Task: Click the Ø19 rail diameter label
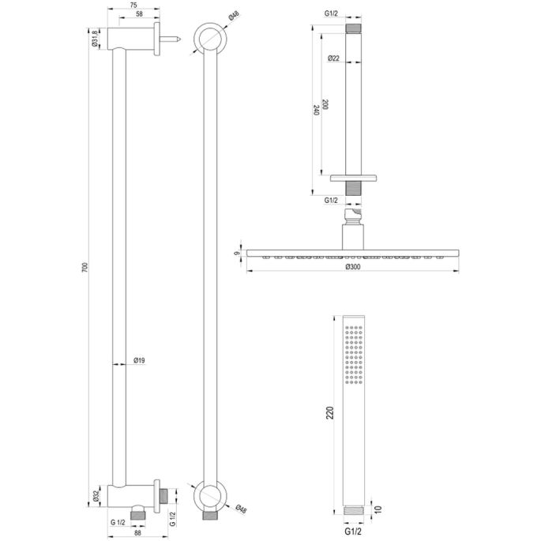click(x=139, y=361)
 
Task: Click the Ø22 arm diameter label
click(x=334, y=59)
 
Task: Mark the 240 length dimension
click(x=316, y=111)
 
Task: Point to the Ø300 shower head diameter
click(x=354, y=268)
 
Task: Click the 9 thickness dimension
click(x=236, y=254)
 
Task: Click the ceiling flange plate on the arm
click(x=355, y=178)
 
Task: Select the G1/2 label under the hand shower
click(x=354, y=532)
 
